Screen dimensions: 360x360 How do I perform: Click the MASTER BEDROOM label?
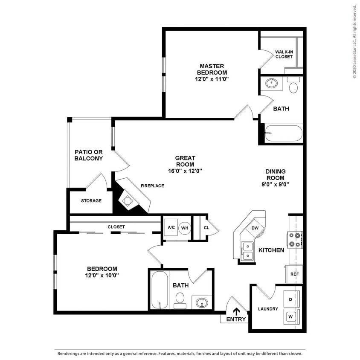[x=212, y=69]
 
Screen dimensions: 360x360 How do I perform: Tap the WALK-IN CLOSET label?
[x=284, y=54]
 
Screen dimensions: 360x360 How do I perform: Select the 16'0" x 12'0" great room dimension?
[x=185, y=171]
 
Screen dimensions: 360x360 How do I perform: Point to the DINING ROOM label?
[x=276, y=174]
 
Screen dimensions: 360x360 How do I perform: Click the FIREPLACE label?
[x=152, y=186]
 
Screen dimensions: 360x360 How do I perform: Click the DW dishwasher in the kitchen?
[x=255, y=228]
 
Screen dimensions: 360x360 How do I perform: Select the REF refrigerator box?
[x=294, y=274]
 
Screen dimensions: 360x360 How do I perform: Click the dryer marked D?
[x=290, y=299]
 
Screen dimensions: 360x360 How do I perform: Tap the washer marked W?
[x=290, y=316]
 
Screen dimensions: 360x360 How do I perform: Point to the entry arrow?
[x=236, y=312]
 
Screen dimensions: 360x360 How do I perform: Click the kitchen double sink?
[x=247, y=251]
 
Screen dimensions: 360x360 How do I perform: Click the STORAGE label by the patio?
[x=91, y=200]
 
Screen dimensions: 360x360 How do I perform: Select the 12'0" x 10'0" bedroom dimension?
[x=102, y=275]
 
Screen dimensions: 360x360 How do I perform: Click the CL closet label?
[x=206, y=228]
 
